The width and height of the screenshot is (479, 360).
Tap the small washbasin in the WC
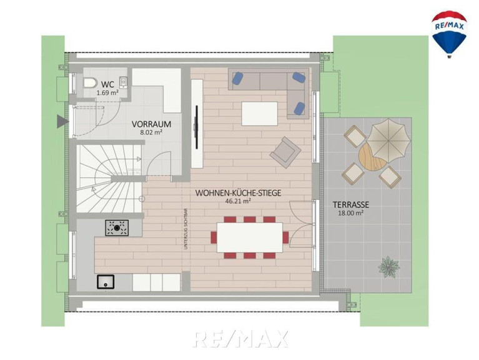(124, 82)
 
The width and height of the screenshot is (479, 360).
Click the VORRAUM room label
(151, 124)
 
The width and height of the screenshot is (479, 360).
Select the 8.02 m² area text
(151, 132)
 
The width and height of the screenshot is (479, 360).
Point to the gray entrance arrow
(62, 121)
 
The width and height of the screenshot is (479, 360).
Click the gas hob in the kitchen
(117, 227)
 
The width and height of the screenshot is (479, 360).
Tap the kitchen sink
(106, 282)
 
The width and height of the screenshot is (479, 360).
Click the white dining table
(250, 237)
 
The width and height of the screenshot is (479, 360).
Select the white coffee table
(260, 114)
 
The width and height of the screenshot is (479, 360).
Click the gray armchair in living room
(285, 152)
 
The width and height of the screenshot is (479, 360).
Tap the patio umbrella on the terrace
(388, 139)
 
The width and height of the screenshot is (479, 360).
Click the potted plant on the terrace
(389, 266)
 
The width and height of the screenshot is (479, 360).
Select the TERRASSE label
(351, 204)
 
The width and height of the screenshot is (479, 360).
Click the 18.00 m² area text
(351, 213)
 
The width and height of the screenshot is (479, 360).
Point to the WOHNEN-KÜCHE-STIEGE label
(238, 193)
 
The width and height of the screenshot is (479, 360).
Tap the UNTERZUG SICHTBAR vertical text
(185, 229)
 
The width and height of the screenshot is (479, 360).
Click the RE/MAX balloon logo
(449, 34)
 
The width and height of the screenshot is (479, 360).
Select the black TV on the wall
(197, 127)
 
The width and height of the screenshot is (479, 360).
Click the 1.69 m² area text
(107, 92)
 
